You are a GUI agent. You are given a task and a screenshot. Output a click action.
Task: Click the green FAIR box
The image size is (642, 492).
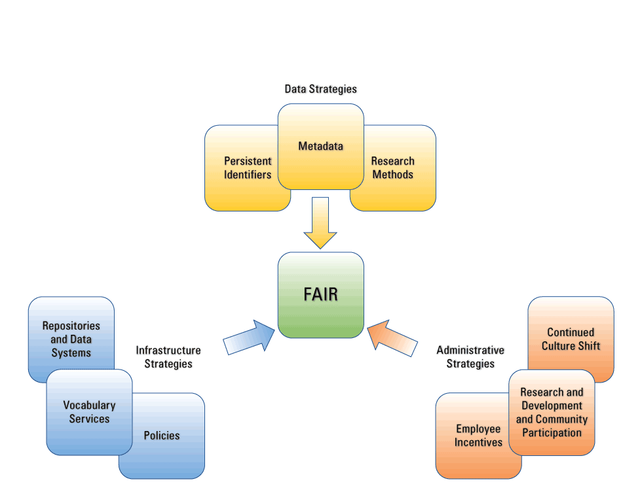320,295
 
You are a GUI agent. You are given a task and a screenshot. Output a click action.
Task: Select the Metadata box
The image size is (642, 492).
320,146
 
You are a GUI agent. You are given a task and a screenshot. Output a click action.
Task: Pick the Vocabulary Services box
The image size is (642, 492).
89,412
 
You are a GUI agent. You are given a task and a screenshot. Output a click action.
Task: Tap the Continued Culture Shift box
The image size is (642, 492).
571,339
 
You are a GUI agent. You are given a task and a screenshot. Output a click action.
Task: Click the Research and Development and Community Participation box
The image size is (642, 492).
552,412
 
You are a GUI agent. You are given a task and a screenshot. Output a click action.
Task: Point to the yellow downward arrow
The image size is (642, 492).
320,223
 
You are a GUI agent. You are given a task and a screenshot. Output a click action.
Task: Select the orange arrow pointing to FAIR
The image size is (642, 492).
393,337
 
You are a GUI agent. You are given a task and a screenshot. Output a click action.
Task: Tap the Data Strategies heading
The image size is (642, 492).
320,88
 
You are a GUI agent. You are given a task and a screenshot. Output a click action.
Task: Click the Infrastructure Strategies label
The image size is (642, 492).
168,357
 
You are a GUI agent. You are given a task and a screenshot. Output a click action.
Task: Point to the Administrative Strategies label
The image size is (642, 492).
470,357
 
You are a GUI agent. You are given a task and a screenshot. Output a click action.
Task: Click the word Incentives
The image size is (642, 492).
479,442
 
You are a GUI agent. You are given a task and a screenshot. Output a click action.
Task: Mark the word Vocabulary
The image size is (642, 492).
89,406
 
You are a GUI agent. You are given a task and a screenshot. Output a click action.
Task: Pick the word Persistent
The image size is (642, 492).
248,161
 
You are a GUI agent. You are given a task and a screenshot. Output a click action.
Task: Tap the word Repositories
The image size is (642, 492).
71,326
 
